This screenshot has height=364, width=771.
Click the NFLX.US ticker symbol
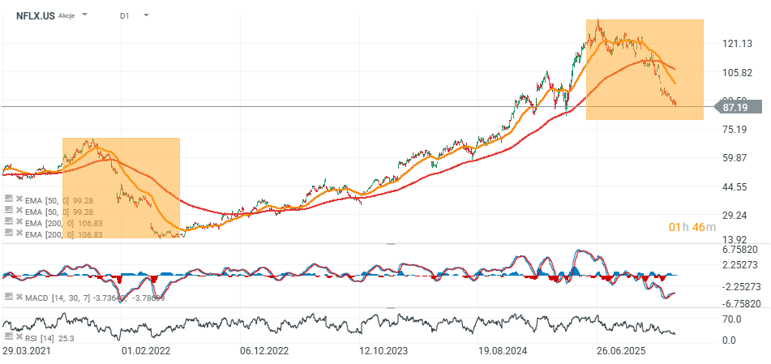click(35, 15)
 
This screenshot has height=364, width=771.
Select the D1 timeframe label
click(124, 15)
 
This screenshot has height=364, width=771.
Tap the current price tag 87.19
click(737, 107)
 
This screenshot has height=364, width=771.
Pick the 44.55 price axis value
click(735, 186)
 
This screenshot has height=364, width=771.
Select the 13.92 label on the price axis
click(735, 239)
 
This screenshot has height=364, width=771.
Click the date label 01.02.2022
click(146, 352)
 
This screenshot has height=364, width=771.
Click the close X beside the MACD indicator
click(19, 298)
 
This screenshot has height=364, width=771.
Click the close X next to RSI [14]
click(19, 336)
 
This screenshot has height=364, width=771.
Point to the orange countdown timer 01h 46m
click(692, 226)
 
